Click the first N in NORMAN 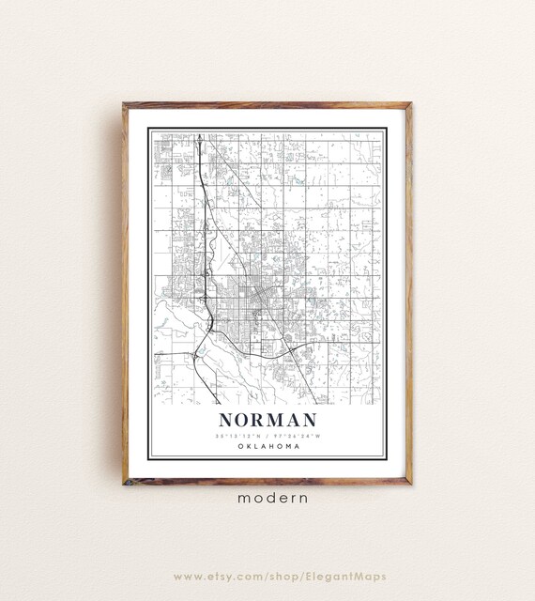pos(227,421)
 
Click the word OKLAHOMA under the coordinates pos(269,446)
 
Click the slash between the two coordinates pos(269,436)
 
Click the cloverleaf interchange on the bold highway pos(210,324)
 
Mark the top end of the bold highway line pos(199,133)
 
